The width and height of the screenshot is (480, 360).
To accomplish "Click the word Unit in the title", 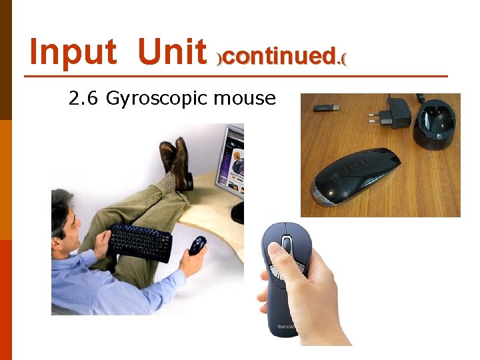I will [x=172, y=52].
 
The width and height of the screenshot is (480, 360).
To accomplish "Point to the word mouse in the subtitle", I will [x=245, y=99].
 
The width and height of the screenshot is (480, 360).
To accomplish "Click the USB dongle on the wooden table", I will [x=326, y=107].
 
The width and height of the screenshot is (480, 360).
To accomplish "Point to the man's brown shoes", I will [x=175, y=160].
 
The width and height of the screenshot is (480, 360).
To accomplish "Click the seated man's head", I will [x=65, y=213].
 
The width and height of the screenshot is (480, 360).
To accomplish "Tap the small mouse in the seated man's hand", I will [x=197, y=245].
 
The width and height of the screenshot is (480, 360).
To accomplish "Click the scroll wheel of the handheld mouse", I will [x=287, y=244].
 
